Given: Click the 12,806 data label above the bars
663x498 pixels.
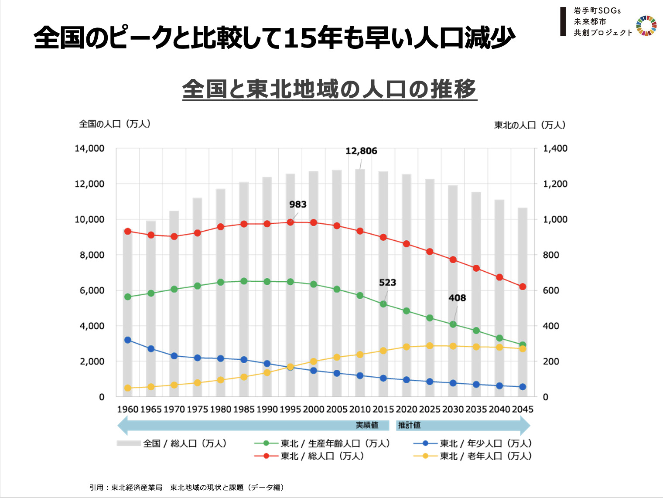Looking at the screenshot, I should click(x=361, y=151).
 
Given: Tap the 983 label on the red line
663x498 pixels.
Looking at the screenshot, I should click(x=297, y=205).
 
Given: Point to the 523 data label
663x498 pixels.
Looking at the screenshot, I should click(x=387, y=283).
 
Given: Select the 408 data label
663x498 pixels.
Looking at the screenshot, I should click(x=457, y=298).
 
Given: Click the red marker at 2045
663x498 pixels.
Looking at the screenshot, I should click(x=523, y=287).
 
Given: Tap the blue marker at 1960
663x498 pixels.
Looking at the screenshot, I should click(x=128, y=340).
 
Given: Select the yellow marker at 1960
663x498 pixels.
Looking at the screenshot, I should click(x=128, y=388).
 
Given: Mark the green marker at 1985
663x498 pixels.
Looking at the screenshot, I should click(x=244, y=281).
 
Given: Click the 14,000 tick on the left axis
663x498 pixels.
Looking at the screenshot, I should click(x=89, y=149).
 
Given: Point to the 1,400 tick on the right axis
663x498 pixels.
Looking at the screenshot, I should click(x=555, y=149).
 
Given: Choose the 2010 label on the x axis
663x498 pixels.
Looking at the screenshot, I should click(x=360, y=409).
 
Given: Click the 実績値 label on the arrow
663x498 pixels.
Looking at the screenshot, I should click(x=366, y=425).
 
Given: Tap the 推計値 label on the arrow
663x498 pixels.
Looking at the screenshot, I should click(x=409, y=425).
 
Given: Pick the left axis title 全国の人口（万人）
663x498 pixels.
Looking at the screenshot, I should click(x=115, y=124).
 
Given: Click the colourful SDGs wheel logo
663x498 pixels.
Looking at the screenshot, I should click(x=646, y=26).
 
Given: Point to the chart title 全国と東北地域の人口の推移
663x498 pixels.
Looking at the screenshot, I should click(x=329, y=89).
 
